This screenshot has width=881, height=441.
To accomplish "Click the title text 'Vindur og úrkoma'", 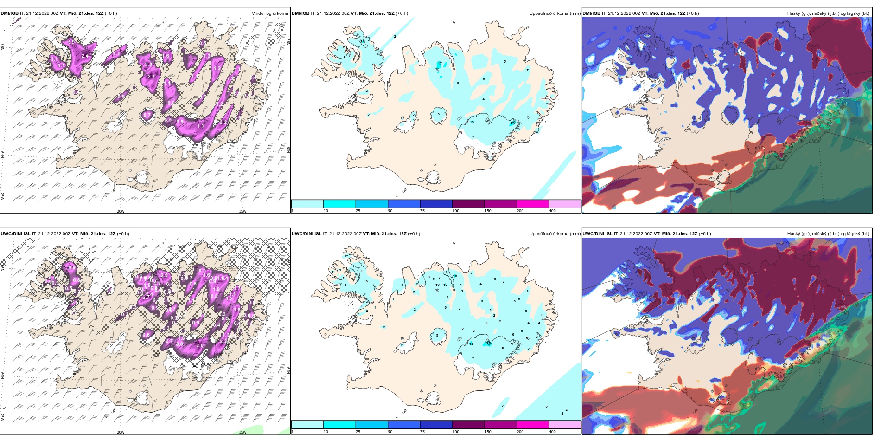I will click(x=269, y=13).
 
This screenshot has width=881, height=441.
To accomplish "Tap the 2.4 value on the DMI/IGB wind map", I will click(x=84, y=56).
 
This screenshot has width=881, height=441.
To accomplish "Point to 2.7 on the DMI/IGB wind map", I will click(x=151, y=77).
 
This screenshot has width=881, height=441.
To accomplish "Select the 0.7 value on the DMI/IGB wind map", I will click(x=147, y=115).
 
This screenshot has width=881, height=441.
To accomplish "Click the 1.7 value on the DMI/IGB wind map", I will click(x=201, y=126).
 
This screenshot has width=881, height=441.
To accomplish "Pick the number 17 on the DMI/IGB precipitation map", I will click(x=439, y=63).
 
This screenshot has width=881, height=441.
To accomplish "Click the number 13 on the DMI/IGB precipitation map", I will click(x=512, y=123).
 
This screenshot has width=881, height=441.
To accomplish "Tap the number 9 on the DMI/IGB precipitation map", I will click(x=458, y=84).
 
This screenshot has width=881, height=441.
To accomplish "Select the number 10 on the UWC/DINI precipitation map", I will click(x=437, y=285).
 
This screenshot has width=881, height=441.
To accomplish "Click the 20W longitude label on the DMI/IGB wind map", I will click(x=121, y=211).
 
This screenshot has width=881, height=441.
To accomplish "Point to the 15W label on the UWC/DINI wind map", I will click(x=242, y=432).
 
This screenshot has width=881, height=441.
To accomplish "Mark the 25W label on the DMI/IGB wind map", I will click(x=2, y=196).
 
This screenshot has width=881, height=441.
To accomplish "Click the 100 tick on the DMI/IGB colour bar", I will click(x=456, y=211).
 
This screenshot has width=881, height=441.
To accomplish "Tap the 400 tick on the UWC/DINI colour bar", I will click(x=552, y=432).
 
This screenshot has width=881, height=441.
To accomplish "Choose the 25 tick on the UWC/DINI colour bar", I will click(x=358, y=432).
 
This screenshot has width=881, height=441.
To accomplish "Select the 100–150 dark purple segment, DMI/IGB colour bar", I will click(x=468, y=204).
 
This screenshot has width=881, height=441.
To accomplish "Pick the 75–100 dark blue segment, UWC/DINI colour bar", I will click(x=436, y=425).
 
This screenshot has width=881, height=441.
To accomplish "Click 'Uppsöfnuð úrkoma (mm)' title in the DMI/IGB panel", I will click(x=555, y=13).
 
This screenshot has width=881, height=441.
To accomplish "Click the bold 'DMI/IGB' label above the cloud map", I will click(x=592, y=13).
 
